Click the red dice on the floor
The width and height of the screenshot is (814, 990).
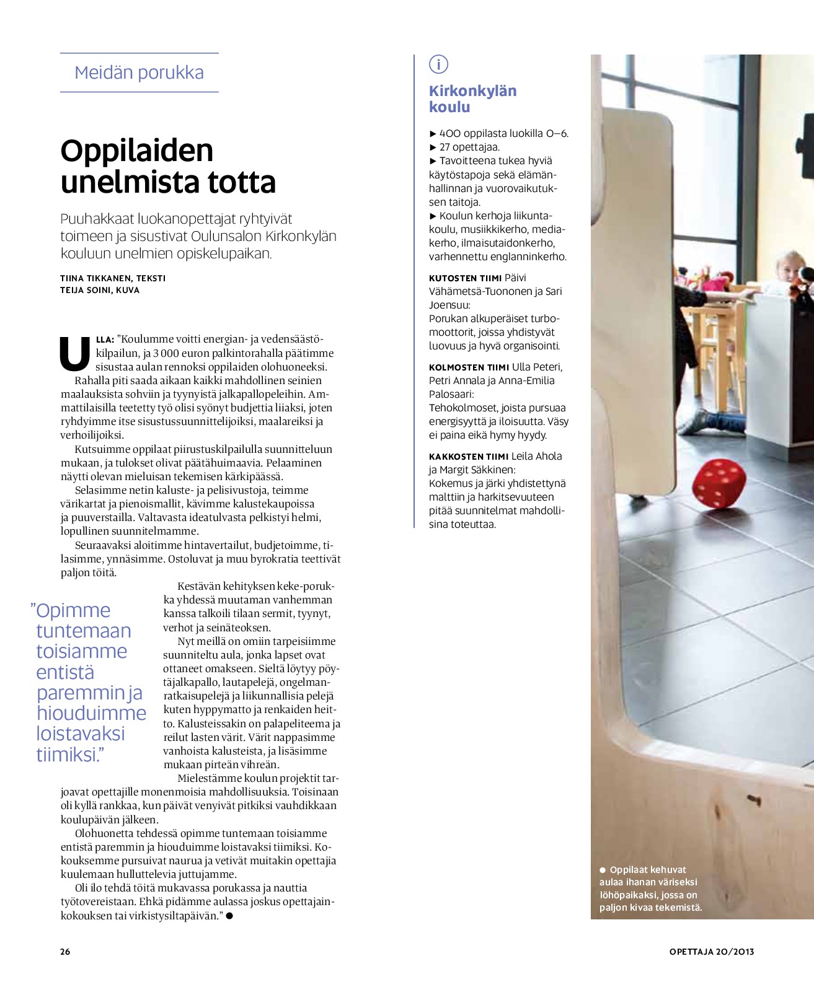[x=719, y=483]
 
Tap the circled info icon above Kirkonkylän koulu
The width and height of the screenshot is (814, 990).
[x=438, y=64]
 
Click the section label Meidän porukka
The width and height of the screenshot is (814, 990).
[x=139, y=72]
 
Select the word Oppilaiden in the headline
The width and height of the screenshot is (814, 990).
[x=137, y=151]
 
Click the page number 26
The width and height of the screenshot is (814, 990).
[x=65, y=952]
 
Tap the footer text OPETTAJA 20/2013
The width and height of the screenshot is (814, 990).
[x=711, y=952]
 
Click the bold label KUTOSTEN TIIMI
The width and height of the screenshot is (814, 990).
[x=465, y=278]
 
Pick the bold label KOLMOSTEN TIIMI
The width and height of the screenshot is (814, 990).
[x=469, y=367]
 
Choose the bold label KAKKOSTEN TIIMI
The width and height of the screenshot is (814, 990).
[x=468, y=457]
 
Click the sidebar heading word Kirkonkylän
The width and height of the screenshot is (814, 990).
[x=472, y=91]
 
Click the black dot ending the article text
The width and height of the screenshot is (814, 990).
[x=229, y=915]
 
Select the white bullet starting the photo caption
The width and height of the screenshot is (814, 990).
[x=603, y=870]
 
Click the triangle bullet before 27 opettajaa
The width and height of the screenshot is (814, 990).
[x=433, y=147]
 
